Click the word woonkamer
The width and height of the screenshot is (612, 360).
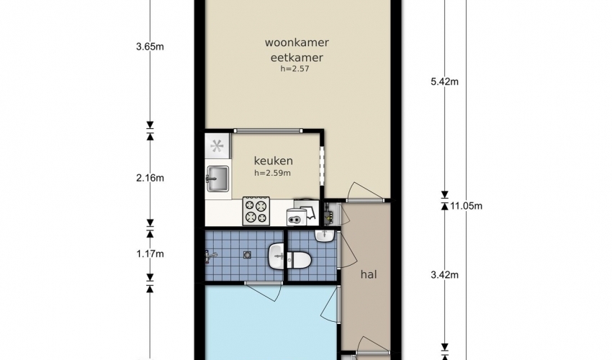click(x=297, y=42)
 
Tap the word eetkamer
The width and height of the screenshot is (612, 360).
click(x=297, y=58)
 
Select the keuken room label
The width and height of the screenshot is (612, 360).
click(x=273, y=161)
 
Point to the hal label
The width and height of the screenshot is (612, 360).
click(x=369, y=274)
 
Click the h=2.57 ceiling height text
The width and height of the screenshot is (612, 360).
click(x=294, y=68)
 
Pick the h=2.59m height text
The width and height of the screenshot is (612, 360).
click(x=272, y=173)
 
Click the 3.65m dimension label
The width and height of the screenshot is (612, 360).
click(x=150, y=47)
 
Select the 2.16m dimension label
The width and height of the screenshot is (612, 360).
click(x=150, y=178)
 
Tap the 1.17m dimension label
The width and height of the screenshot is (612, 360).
click(x=150, y=253)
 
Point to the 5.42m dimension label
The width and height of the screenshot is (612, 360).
click(x=444, y=81)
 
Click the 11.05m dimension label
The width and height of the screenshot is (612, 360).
click(x=467, y=206)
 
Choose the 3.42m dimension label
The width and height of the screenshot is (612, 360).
click(x=444, y=275)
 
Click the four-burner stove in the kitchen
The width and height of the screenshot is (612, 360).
click(x=256, y=211)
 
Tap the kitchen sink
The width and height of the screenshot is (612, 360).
click(x=217, y=179)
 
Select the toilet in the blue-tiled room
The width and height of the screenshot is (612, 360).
click(x=299, y=258)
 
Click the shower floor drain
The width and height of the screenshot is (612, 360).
click(x=247, y=255)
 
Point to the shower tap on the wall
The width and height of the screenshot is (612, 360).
click(x=210, y=256)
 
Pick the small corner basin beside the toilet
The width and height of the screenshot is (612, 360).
click(x=324, y=235)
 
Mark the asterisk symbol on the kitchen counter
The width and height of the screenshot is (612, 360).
click(x=217, y=146)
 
